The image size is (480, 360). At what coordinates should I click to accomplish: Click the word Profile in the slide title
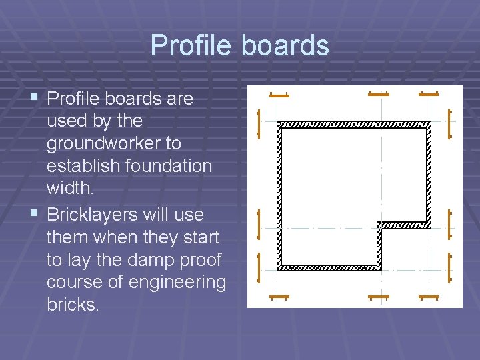pyautogui.click(x=191, y=45)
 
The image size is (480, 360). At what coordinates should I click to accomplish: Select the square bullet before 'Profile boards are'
pyautogui.click(x=33, y=98)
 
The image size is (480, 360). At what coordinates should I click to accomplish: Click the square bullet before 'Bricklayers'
pyautogui.click(x=33, y=214)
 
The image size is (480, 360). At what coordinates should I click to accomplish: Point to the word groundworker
pyautogui.click(x=113, y=143)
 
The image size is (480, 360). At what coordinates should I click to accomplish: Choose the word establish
pyautogui.click(x=82, y=165)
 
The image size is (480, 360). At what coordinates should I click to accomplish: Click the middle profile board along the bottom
pyautogui.click(x=378, y=296)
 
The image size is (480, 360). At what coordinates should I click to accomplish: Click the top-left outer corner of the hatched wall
pyautogui.click(x=278, y=123)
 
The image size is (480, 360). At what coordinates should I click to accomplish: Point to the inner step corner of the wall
pyautogui.click(x=379, y=225)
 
